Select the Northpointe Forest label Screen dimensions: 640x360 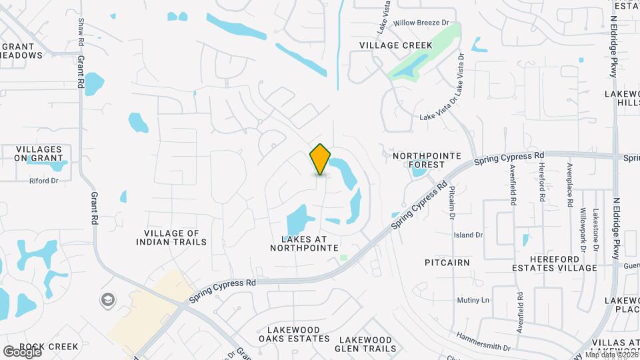pos(427,160)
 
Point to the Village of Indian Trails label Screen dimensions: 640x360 pos(171,237)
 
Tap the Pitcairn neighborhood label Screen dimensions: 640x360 pos(447,263)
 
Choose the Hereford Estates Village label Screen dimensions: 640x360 pos(563,263)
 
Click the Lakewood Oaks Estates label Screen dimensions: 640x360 pos(299,334)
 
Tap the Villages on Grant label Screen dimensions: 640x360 pos(39,154)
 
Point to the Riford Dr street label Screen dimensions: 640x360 pos(44,181)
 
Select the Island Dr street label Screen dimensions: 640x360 pos(468,235)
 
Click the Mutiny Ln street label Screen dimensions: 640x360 pos(473,300)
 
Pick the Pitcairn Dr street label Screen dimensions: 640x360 pos(451,203)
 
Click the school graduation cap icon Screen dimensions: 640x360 pos(107,299)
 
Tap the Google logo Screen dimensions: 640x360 pos(22,351)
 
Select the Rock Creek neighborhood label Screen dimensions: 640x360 pos(49,347)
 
